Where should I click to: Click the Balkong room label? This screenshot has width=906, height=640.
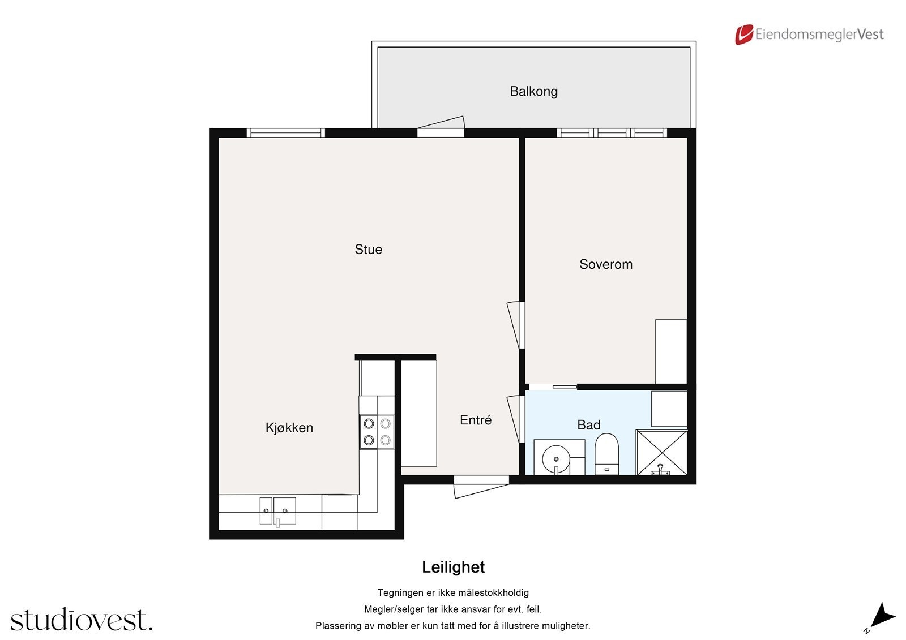533,91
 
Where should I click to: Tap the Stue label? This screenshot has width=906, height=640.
368,250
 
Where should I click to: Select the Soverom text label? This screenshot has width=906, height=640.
605,264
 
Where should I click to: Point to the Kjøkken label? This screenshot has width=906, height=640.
289,428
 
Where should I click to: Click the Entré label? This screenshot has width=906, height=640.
475,420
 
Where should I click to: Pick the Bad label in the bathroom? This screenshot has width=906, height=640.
588,425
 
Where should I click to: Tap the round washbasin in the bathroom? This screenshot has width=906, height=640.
555,457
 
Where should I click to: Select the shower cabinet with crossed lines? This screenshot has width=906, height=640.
661,452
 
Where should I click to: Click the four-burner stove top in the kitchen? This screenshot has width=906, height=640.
377,432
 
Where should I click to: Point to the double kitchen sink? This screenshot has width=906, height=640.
277,511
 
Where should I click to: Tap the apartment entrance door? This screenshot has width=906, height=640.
481,487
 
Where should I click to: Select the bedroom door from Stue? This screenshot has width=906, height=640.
516,325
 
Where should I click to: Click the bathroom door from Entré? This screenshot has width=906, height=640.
516,419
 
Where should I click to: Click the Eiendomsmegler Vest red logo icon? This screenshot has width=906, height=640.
743,35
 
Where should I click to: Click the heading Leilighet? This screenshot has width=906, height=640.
453,567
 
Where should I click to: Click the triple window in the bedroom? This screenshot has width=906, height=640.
612,133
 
